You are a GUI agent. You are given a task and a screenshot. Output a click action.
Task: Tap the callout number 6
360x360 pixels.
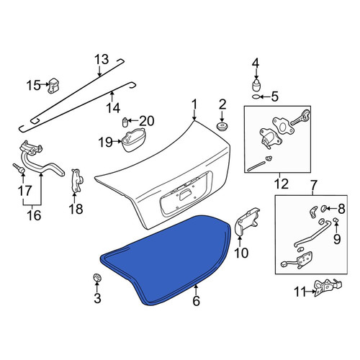pos(196,301)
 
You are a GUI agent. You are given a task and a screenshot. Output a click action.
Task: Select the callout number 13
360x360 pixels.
pos(102,59)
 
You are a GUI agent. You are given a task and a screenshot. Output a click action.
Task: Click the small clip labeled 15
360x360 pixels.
pos(54,85)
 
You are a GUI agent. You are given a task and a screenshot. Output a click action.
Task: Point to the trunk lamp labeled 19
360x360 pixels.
pos(134,140)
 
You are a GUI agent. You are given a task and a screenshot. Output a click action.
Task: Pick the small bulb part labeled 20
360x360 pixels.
pos(125,122)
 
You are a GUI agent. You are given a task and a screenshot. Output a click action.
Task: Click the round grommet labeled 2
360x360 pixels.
pos(222,127)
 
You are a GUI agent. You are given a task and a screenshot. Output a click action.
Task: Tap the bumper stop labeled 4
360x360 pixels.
pos(256,85)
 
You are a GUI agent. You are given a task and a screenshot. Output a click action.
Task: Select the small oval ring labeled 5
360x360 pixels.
pos(256,96)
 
